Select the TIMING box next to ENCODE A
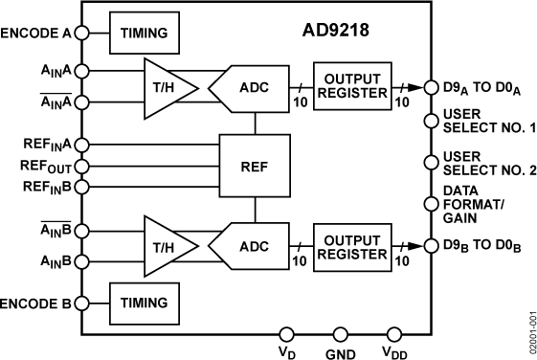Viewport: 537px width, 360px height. coord(144,33)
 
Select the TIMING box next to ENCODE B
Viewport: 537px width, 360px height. coord(144,302)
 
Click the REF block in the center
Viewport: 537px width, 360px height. coord(254,164)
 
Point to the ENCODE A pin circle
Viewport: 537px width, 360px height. coord(81,33)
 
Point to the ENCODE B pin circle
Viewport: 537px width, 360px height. coord(81,302)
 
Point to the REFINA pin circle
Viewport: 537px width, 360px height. coord(81,145)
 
